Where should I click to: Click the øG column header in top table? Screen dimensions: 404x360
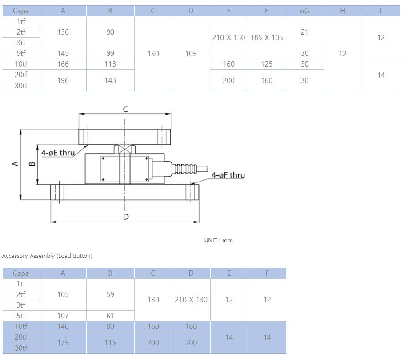coord(304,11)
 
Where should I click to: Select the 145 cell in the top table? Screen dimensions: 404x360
coord(63,54)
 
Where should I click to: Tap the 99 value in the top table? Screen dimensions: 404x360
coord(110,54)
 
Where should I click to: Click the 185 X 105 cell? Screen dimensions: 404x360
coord(267,38)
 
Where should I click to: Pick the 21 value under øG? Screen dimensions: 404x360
coord(304,32)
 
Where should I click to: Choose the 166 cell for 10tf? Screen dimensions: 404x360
coord(63,64)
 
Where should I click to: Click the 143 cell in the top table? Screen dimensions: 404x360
coord(110,80)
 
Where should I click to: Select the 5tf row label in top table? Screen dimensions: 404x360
coord(21,54)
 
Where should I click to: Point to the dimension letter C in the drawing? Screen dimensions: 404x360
coord(125,109)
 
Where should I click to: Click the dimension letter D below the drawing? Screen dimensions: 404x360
coord(126,217)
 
